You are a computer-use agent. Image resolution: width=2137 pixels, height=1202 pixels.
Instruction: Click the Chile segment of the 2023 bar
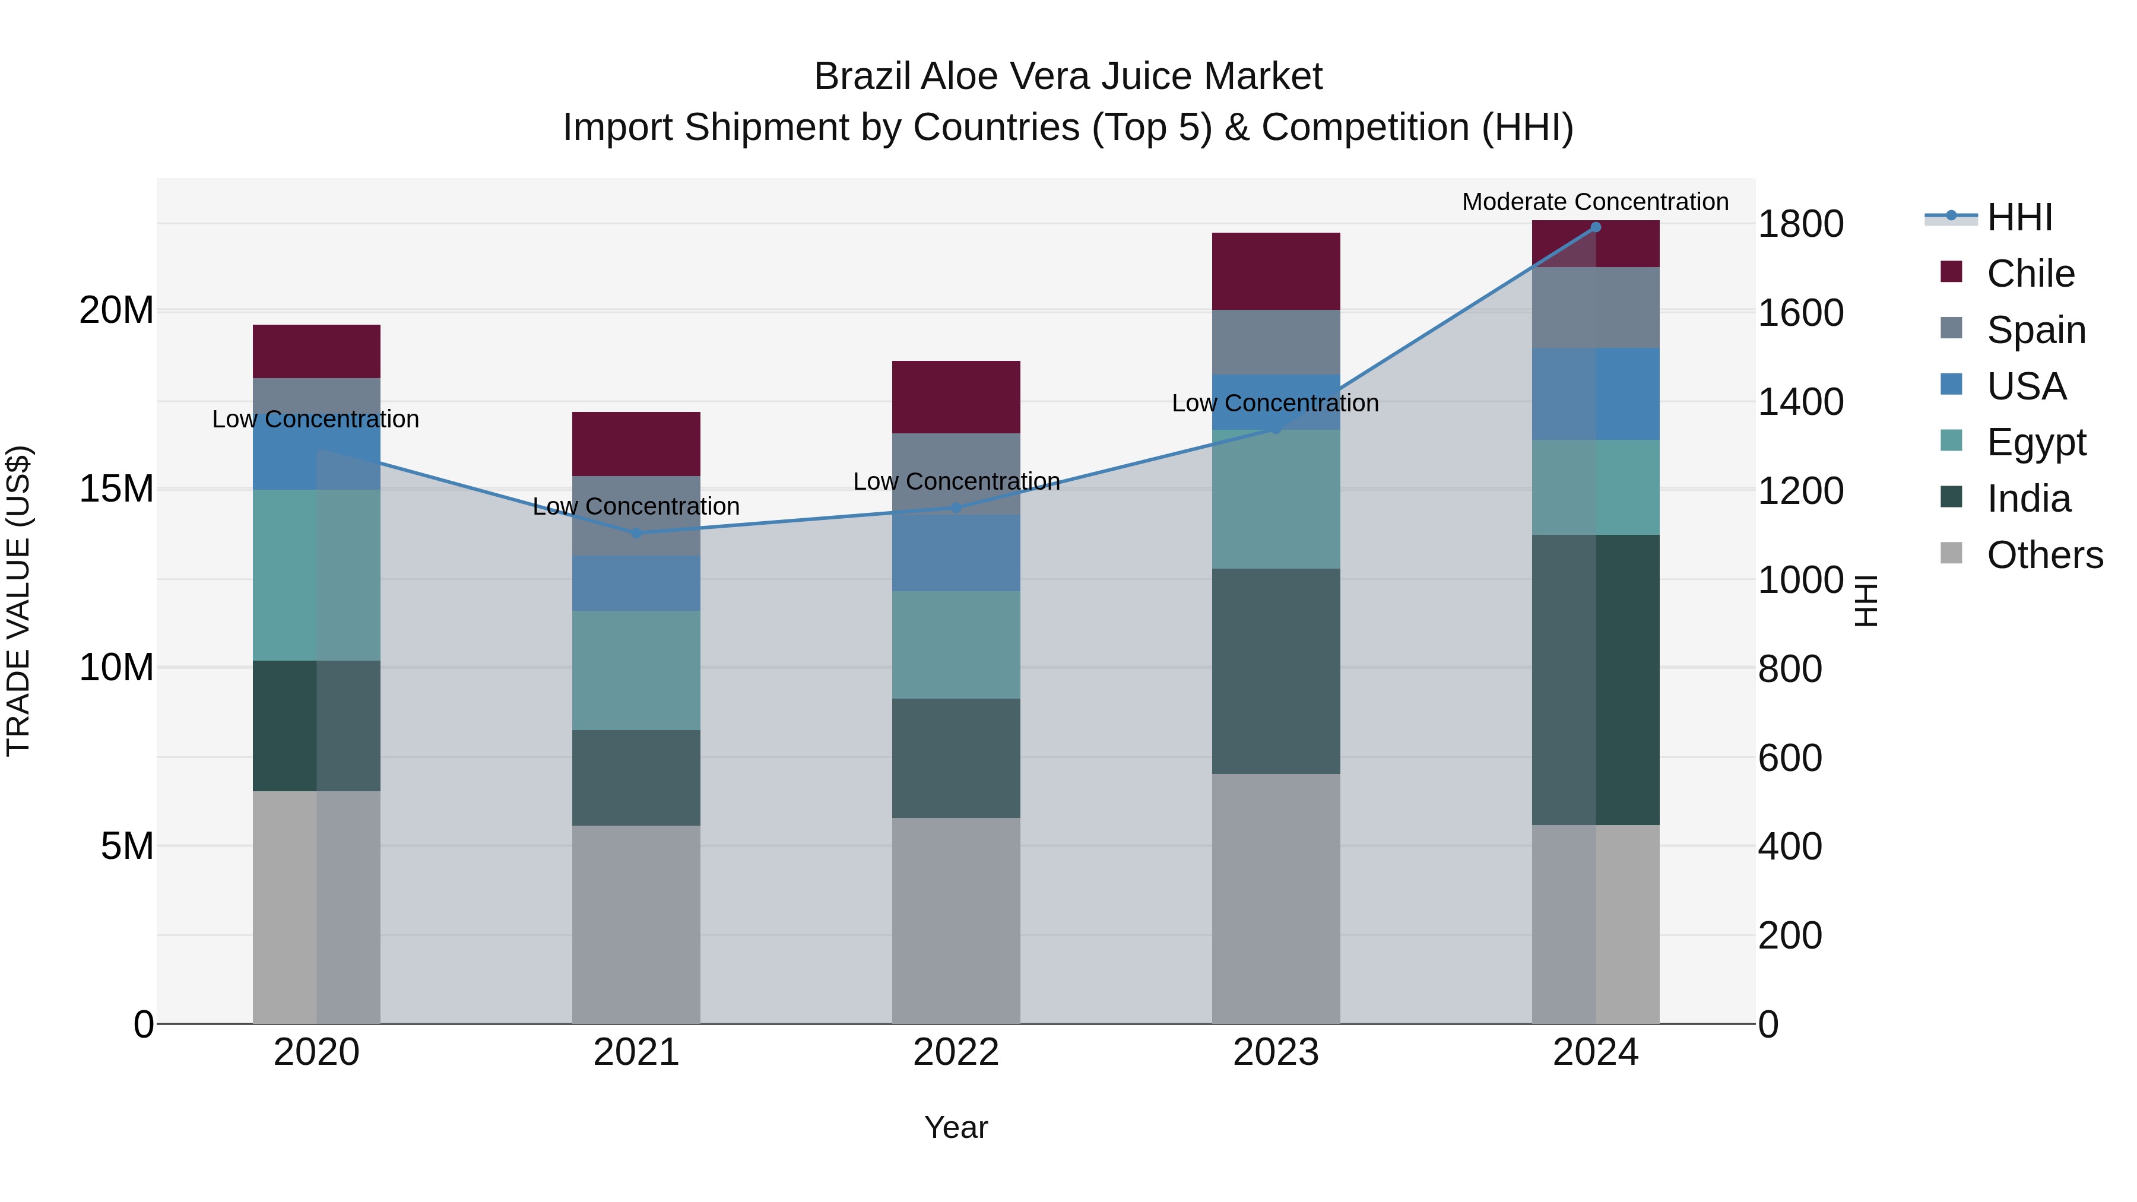(1275, 271)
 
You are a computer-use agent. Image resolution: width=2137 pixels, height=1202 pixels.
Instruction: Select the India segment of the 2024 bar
(1594, 680)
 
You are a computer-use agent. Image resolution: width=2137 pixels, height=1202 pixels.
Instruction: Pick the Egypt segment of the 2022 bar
(956, 645)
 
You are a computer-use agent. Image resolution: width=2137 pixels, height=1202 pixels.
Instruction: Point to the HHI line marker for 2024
(1594, 227)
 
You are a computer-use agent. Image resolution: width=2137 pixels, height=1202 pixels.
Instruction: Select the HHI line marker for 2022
(956, 508)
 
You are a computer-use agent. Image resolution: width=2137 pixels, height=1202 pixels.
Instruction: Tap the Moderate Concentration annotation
(1594, 202)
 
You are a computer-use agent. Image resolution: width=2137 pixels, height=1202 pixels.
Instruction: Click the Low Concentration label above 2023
(1275, 403)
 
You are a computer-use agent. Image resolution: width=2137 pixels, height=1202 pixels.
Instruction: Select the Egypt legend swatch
(1951, 440)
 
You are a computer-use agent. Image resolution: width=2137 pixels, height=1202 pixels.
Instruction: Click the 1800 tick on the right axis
(1800, 224)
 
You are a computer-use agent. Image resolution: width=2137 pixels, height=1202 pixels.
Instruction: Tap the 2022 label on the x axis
(956, 1052)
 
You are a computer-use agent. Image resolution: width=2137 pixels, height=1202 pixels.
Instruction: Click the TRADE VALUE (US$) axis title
(18, 601)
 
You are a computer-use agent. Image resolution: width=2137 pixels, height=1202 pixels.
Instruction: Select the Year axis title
(956, 1127)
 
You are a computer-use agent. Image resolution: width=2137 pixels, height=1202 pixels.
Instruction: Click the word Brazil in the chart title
(862, 77)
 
